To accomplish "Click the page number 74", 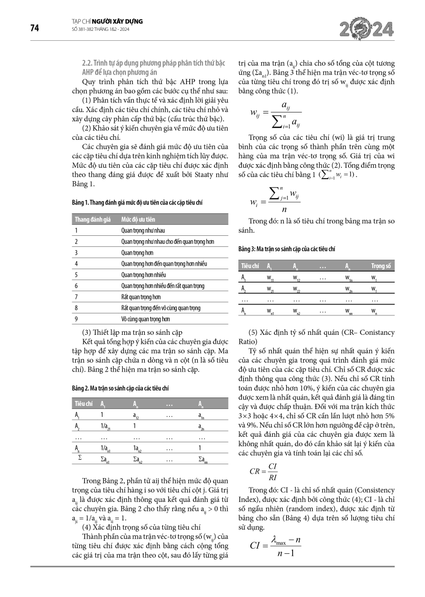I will (35, 28).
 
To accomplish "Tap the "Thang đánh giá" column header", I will (93, 219).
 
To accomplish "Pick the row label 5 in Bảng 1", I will (76, 275).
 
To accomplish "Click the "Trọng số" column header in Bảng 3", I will (382, 266).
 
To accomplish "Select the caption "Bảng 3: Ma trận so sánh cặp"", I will (287, 248).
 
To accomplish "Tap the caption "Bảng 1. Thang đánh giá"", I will (136, 202).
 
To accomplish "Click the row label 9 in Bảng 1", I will (76, 319).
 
